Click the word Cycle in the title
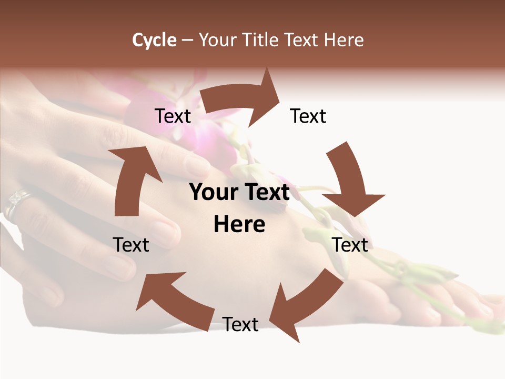[x=154, y=40]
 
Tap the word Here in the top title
[x=344, y=40]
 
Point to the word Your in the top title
[x=218, y=40]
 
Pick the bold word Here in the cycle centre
[x=239, y=224]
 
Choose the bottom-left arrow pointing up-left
[x=174, y=300]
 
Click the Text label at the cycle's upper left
[x=173, y=116]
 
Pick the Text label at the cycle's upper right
[x=308, y=116]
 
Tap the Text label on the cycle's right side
[x=350, y=245]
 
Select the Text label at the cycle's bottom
[x=240, y=324]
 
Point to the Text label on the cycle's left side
[x=131, y=245]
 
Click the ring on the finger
[x=16, y=203]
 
